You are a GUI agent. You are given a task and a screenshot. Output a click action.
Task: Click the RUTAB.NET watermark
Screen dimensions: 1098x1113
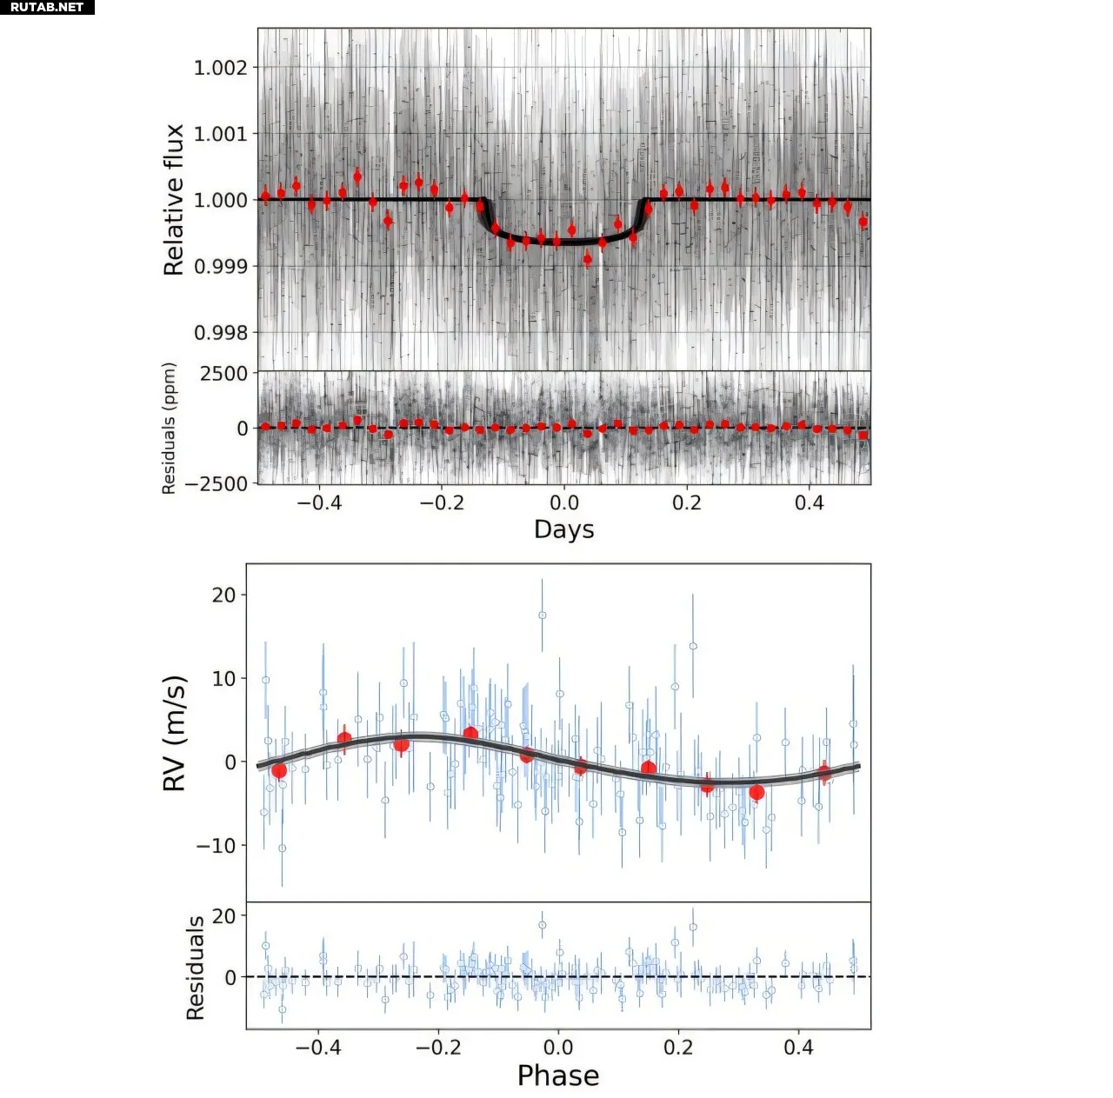pyautogui.click(x=47, y=7)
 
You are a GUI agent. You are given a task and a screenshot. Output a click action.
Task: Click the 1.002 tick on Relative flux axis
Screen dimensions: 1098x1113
pyautogui.click(x=220, y=68)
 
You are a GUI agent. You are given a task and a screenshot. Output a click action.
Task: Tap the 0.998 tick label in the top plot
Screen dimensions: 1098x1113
pyautogui.click(x=220, y=333)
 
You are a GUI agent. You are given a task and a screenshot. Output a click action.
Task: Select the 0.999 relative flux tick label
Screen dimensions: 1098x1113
pyautogui.click(x=220, y=267)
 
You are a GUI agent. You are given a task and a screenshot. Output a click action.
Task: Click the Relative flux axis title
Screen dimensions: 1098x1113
pyautogui.click(x=174, y=200)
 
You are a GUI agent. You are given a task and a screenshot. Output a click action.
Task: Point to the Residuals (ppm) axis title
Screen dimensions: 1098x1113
pyautogui.click(x=169, y=428)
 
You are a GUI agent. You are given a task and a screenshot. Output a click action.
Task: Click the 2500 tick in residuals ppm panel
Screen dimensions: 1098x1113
pyautogui.click(x=223, y=374)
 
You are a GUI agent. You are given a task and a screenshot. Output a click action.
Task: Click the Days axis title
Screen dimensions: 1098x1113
pyautogui.click(x=563, y=529)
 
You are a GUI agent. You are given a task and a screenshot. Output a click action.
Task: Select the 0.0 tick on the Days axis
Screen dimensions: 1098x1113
pyautogui.click(x=563, y=502)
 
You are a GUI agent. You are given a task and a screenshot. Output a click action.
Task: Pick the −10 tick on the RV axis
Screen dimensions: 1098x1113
pyautogui.click(x=215, y=845)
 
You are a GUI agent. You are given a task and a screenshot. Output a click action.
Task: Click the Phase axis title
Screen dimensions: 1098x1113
pyautogui.click(x=557, y=1075)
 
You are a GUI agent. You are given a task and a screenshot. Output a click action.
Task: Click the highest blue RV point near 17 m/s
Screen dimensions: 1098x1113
pyautogui.click(x=542, y=615)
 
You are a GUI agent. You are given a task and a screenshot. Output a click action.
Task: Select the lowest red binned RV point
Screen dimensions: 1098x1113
pyautogui.click(x=756, y=792)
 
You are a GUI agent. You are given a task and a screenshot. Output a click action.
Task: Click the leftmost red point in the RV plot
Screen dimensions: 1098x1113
pyautogui.click(x=279, y=770)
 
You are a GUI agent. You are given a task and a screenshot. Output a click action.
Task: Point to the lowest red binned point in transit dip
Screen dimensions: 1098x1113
pyautogui.click(x=588, y=258)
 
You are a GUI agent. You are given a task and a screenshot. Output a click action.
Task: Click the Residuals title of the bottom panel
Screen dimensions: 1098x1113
pyautogui.click(x=195, y=967)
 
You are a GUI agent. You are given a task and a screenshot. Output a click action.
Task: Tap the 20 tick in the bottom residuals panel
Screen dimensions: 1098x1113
pyautogui.click(x=224, y=916)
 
